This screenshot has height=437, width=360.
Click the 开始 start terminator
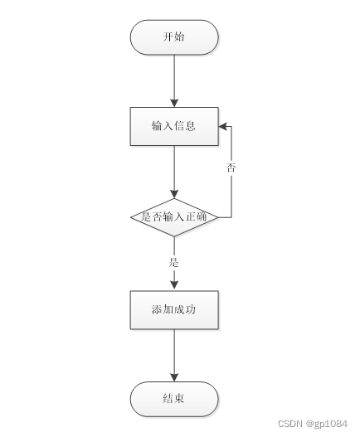point(174,37)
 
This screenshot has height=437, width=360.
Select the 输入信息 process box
point(174,126)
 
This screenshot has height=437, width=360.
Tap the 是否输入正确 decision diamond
point(174,217)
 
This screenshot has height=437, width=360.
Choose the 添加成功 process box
point(174,309)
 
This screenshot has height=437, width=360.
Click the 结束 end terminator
point(174,399)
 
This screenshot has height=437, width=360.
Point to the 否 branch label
point(231,168)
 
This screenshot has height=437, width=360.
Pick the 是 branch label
point(174,262)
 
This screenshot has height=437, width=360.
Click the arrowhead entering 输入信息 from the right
point(223,126)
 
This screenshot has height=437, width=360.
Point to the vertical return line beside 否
point(231,191)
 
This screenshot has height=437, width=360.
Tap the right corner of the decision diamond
point(218,217)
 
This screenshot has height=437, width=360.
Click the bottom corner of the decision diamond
point(174,236)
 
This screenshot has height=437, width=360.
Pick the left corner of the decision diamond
point(131,217)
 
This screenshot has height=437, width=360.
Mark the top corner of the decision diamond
point(174,198)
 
